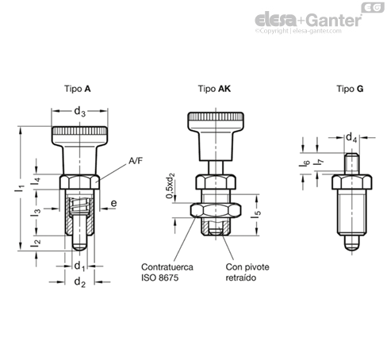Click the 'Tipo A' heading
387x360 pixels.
pyautogui.click(x=78, y=89)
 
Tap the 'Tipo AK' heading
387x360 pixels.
pyautogui.click(x=214, y=89)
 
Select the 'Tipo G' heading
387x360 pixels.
pyautogui.click(x=350, y=89)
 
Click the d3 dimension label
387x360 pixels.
pyautogui.click(x=79, y=112)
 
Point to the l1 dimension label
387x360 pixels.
pyautogui.click(x=20, y=188)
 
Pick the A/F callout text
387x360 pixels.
pyautogui.click(x=136, y=161)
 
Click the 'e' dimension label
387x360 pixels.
pyautogui.click(x=113, y=203)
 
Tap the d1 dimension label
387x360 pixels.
pyautogui.click(x=79, y=266)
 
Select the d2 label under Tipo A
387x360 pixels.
pyautogui.click(x=79, y=282)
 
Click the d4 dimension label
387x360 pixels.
pyautogui.click(x=351, y=138)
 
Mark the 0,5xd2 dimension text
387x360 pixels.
pyautogui.click(x=171, y=186)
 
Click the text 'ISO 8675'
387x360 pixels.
pyautogui.click(x=160, y=278)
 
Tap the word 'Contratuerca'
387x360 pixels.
pyautogui.click(x=167, y=267)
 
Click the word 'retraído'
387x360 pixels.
pyautogui.click(x=241, y=278)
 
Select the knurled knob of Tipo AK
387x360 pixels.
pyautogui.click(x=216, y=122)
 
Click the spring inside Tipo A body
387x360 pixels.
pyautogui.click(x=79, y=205)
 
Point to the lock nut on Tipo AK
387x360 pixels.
pyautogui.click(x=216, y=210)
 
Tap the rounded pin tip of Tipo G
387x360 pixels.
pyautogui.click(x=352, y=243)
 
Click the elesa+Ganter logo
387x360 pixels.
pyautogui.click(x=308, y=20)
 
